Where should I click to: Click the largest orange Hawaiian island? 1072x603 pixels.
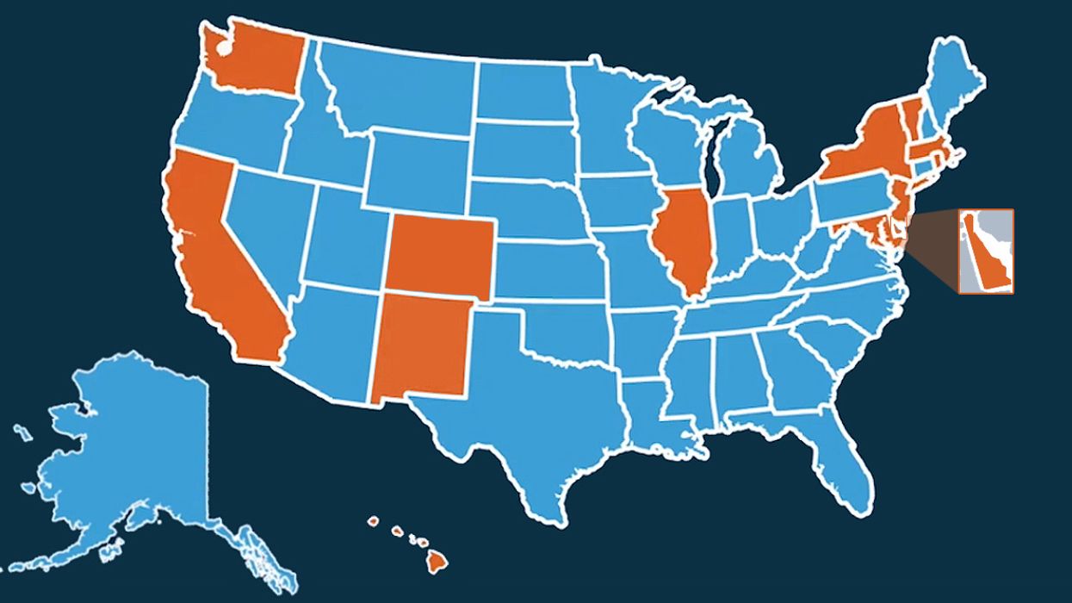[438, 562]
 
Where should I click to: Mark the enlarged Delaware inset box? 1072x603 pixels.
[987, 251]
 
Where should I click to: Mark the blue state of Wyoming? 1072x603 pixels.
[418, 168]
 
